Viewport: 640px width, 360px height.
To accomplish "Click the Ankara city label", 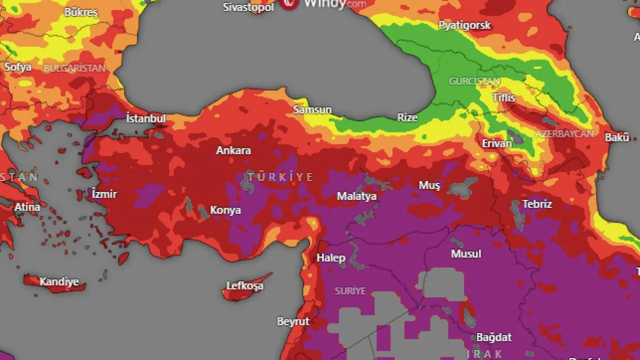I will coord(233,150).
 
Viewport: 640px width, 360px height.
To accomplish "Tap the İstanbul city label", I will coord(145,118).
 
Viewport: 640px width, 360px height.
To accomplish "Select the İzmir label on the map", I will coord(104,194).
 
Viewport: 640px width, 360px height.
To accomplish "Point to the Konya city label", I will coord(225,210).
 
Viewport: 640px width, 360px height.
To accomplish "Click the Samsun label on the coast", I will coord(312,109).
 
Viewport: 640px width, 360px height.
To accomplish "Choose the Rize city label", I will coord(407,117).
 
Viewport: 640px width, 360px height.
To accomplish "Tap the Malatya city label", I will coord(356,196).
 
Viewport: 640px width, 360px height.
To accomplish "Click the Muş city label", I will coord(429,185).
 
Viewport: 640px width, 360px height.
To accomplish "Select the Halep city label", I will coord(331,258).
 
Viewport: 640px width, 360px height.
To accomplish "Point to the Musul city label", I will coord(466,254).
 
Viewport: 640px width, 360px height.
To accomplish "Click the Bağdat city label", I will coord(494,337).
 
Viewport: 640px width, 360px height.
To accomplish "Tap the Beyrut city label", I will coord(293,321).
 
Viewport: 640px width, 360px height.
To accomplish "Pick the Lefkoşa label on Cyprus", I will coord(245,286).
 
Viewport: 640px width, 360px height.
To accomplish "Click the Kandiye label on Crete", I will coord(59,282).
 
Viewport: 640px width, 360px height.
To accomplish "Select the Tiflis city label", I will coord(503,97).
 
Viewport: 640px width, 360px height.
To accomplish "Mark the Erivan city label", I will coord(497,143).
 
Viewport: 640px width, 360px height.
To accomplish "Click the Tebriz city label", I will coord(537,204).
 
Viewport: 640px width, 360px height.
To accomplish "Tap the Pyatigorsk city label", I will coord(464,25).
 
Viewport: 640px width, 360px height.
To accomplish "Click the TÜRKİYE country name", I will coord(280,177).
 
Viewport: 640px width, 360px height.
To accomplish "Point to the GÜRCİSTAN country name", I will coord(474,81).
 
